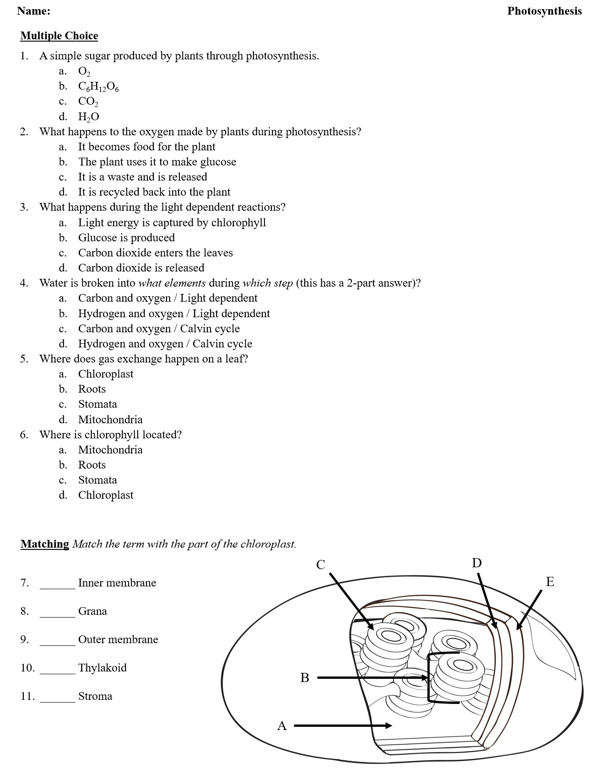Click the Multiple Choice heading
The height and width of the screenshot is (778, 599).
point(59,36)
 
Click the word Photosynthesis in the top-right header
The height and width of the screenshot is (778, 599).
point(544,11)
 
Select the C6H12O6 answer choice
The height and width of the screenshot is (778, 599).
point(98,86)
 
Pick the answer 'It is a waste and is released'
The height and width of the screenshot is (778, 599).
point(142,177)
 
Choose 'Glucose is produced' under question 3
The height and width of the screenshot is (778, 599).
point(126,238)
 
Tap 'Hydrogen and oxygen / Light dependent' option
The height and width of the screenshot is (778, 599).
point(174,314)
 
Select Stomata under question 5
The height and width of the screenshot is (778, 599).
point(97,404)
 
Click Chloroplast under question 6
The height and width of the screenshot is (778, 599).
point(106,495)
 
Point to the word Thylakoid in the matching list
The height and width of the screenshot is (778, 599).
point(102,668)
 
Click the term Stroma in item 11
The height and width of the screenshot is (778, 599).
point(95,696)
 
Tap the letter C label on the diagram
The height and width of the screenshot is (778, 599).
point(321,565)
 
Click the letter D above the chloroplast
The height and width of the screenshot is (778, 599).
point(477,563)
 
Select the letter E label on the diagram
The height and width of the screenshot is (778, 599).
point(550,582)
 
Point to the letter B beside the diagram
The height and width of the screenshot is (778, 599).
point(305,678)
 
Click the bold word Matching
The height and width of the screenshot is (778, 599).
point(45,544)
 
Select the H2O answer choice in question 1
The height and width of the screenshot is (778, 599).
point(88,117)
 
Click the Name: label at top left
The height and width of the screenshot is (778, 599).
point(34,11)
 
